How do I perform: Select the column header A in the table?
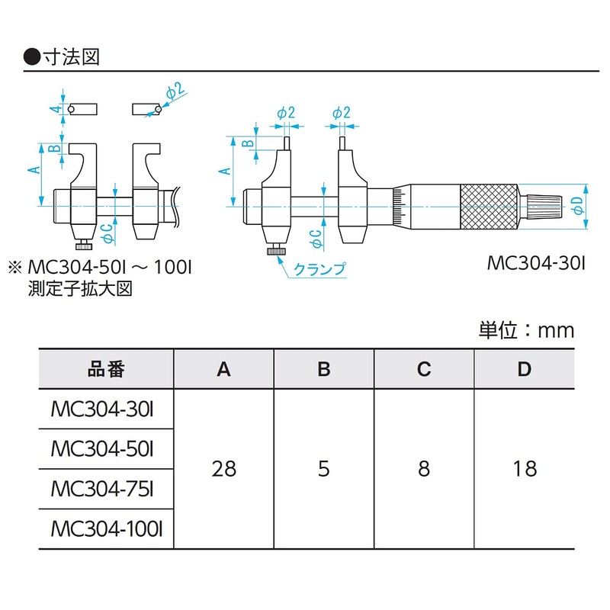click(x=223, y=369)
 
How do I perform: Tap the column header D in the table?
click(x=524, y=369)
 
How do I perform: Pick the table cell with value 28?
click(x=223, y=467)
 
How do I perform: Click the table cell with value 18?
click(x=524, y=467)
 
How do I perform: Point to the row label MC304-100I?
click(x=107, y=528)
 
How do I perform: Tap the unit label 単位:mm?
click(x=526, y=330)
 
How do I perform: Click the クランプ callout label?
click(x=319, y=268)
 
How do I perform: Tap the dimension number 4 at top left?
click(x=55, y=110)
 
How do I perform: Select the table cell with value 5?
click(x=324, y=467)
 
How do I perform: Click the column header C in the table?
click(x=424, y=369)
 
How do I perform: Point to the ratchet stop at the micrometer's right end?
click(x=546, y=206)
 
